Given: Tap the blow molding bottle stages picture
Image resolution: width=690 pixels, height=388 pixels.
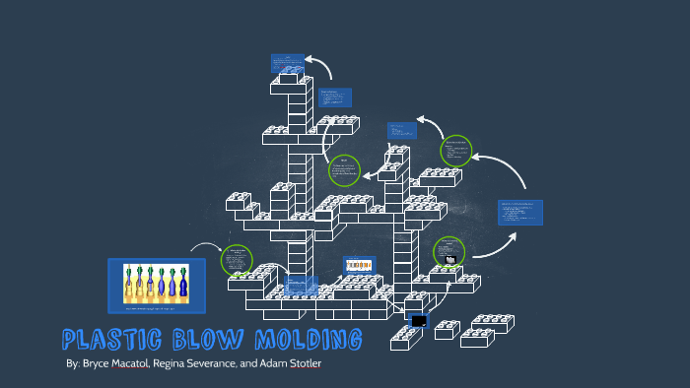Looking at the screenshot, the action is [x=156, y=283].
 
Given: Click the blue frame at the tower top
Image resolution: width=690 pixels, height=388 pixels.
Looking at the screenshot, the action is [x=288, y=63].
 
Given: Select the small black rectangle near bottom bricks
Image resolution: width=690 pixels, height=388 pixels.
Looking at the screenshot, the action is [x=419, y=321].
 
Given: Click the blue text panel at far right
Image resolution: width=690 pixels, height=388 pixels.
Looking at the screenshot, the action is [x=519, y=213].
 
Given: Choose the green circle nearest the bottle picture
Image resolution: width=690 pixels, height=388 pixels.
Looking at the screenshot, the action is [x=237, y=260].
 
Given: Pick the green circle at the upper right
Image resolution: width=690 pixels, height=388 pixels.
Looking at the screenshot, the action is [x=456, y=151].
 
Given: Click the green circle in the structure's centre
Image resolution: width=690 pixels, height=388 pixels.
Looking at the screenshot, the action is [x=344, y=169].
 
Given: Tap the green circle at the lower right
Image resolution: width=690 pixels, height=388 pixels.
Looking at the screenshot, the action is [x=449, y=251].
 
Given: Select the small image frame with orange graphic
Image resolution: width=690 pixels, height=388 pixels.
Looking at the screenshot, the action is [x=359, y=265].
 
